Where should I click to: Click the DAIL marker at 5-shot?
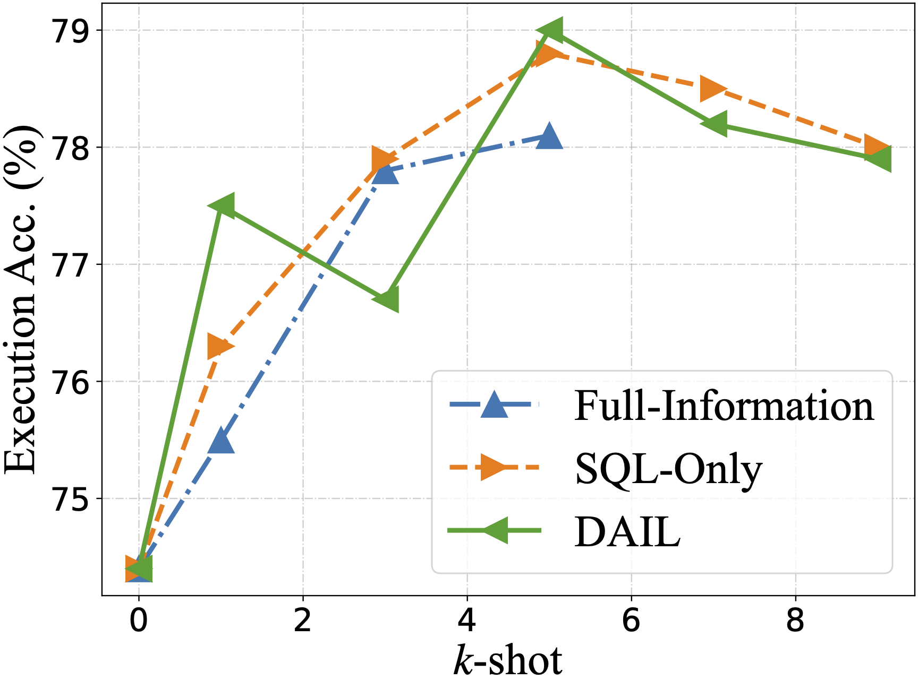point(549,30)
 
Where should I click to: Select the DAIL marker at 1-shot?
point(221,206)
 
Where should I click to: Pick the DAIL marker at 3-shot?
point(385,300)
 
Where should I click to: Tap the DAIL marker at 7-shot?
point(713,124)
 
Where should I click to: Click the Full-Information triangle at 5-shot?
point(549,137)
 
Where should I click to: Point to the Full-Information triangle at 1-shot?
point(221,441)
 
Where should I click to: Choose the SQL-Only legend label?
point(668,469)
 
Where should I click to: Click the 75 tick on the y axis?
point(70,500)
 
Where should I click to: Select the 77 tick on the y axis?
point(70,265)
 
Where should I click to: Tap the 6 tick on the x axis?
point(631,620)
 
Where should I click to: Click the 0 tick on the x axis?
point(139,620)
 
